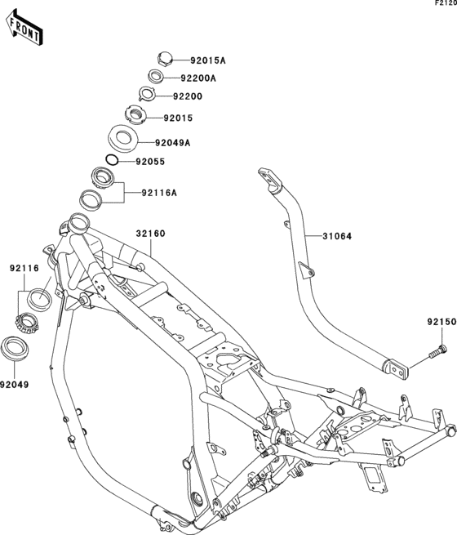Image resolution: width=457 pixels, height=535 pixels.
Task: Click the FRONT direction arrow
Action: tap(24, 29)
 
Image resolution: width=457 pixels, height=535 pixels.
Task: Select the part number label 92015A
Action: tap(208, 60)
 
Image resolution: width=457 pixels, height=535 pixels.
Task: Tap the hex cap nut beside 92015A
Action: tap(165, 58)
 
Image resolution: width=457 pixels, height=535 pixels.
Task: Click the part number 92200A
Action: tap(198, 78)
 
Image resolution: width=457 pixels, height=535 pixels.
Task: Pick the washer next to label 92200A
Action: tap(156, 76)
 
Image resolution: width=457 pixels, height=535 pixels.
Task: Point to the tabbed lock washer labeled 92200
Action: tap(148, 93)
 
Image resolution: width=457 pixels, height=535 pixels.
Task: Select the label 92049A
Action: tap(173, 143)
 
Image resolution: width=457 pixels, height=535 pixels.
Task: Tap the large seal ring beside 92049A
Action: tap(123, 138)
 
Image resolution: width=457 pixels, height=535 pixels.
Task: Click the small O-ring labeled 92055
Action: tap(112, 159)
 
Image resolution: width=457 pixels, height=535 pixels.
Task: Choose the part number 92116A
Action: tap(159, 193)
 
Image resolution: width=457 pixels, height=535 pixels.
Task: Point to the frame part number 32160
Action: tap(151, 234)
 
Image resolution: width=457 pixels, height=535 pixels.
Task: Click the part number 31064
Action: tap(337, 236)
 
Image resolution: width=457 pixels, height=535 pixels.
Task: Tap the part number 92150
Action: tap(441, 322)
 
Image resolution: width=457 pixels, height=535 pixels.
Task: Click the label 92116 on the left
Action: tap(24, 269)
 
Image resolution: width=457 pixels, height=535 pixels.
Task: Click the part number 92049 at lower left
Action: tap(15, 385)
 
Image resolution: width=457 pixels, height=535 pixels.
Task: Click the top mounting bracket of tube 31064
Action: tap(270, 177)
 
